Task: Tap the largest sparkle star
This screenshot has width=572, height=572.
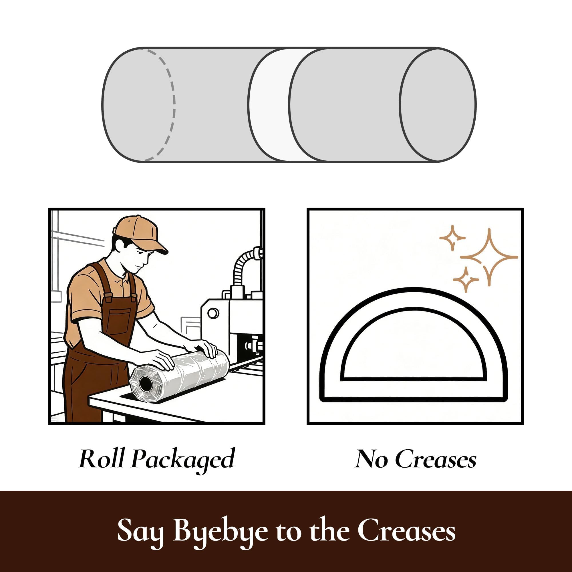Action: (489, 257)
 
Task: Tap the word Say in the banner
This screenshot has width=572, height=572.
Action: (141, 533)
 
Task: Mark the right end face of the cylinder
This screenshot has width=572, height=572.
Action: (438, 104)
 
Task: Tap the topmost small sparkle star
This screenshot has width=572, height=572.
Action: (452, 238)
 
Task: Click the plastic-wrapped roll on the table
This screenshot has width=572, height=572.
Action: (179, 373)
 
